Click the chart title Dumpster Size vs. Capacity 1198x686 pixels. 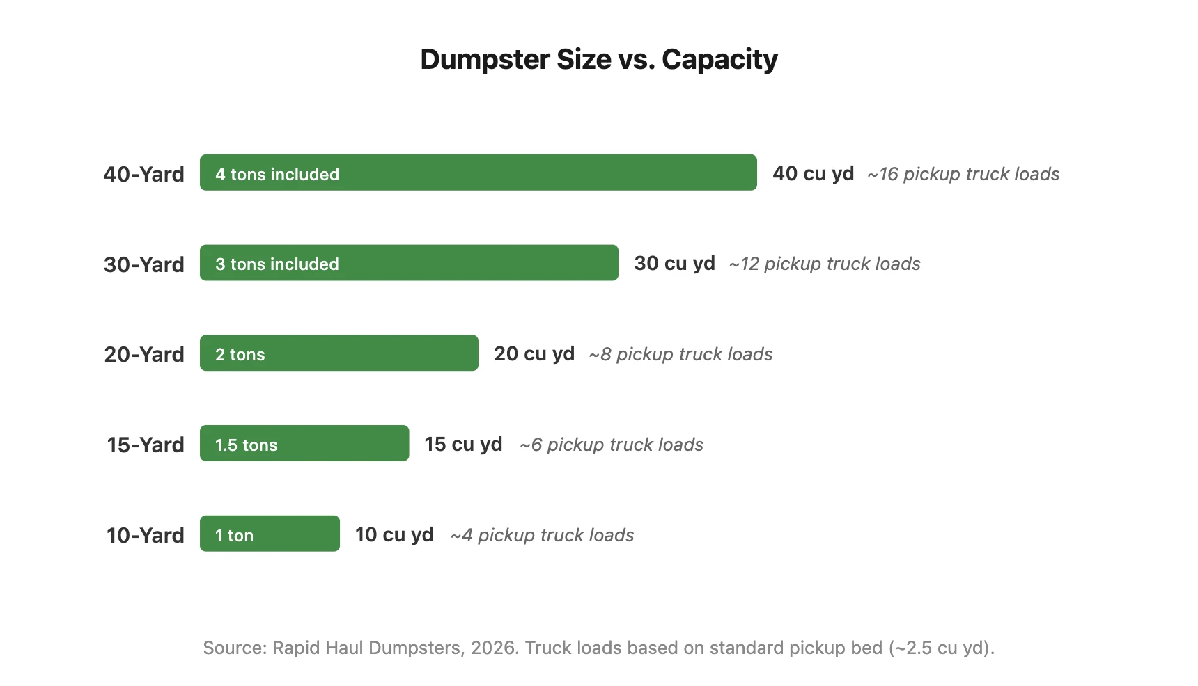click(598, 60)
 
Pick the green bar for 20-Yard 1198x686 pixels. click(369, 353)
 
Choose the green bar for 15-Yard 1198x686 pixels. click(334, 443)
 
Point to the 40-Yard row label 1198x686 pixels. click(143, 174)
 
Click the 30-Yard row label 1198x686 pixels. click(143, 264)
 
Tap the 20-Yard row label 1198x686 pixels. click(143, 355)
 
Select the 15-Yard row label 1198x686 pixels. click(145, 445)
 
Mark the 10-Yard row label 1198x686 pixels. click(145, 535)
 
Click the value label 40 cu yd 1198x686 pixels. click(813, 173)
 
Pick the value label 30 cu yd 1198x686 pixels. click(674, 263)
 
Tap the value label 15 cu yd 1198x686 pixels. click(463, 444)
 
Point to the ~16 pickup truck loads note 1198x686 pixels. click(963, 174)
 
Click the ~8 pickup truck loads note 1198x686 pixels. click(680, 354)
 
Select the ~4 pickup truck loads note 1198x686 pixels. click(542, 535)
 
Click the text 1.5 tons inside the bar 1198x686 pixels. click(246, 445)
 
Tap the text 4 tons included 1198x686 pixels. click(277, 175)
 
